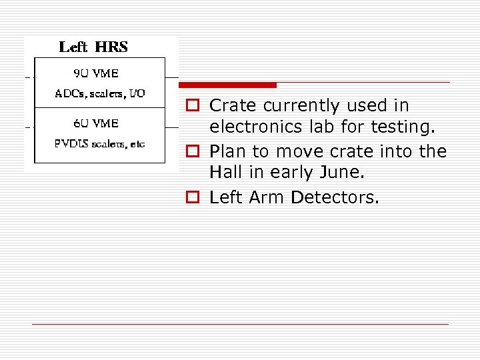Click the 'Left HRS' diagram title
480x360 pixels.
coord(93,47)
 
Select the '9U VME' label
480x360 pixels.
coord(96,73)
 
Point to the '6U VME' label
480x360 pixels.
coord(96,123)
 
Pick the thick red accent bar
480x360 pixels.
coord(227,85)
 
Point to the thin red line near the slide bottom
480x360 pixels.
coord(240,324)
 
